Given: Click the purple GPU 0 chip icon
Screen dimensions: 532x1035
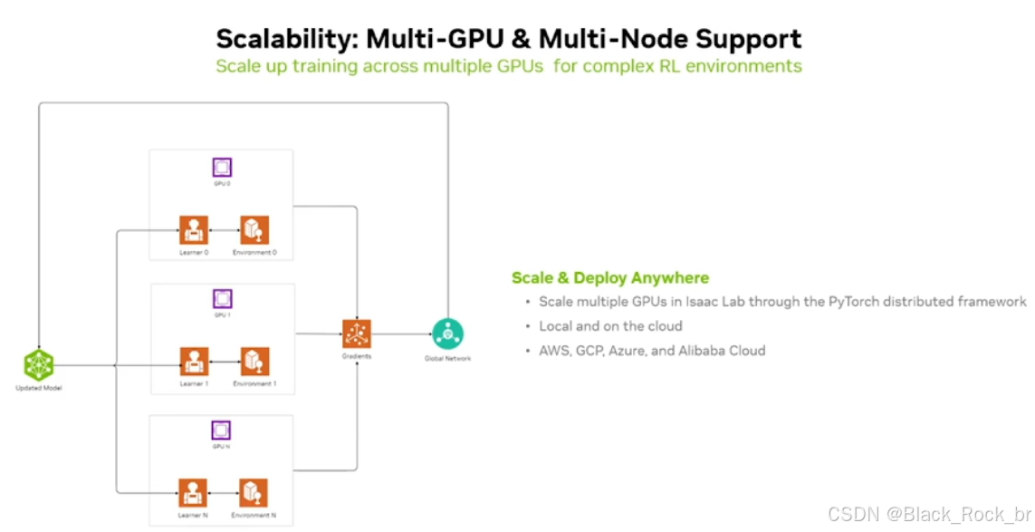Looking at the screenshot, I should (x=222, y=167).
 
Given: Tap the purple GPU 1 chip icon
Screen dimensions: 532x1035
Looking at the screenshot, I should (x=222, y=299).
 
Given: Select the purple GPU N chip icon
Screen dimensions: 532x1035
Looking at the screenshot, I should (x=221, y=430).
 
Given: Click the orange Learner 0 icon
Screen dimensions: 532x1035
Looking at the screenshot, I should (x=194, y=230).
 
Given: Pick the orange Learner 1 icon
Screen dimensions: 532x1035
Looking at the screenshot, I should (x=194, y=362).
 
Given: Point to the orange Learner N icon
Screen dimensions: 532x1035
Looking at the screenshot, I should (x=193, y=493).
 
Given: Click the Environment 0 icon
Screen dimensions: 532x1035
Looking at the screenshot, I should (x=254, y=230).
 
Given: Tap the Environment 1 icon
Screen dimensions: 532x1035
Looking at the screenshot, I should (x=254, y=362).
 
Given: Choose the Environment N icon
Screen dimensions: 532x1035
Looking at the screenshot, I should (x=254, y=493).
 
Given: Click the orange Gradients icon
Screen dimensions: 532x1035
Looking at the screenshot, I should (x=357, y=334).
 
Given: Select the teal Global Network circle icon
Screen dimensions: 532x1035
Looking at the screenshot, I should (x=447, y=334).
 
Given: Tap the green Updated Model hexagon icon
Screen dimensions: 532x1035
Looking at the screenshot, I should (x=39, y=364).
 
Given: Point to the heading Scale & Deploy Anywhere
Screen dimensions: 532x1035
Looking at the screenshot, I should (x=610, y=278).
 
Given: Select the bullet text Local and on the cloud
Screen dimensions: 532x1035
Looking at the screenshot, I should (x=610, y=326).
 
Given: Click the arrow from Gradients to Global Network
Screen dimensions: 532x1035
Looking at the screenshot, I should (x=401, y=334).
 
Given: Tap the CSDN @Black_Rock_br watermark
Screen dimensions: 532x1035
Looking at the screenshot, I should (x=930, y=514).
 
